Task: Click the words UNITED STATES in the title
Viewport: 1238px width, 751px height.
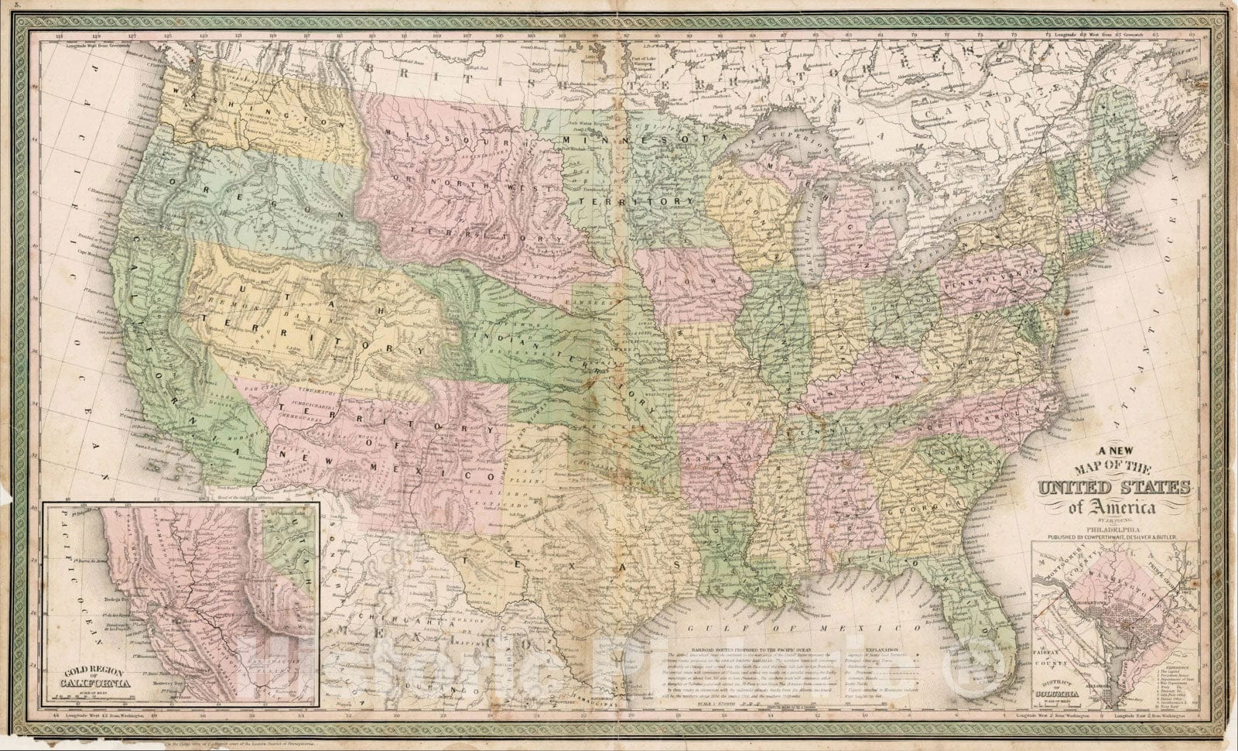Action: [x=1113, y=488]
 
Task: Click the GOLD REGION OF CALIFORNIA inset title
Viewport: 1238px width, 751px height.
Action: [x=96, y=681]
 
